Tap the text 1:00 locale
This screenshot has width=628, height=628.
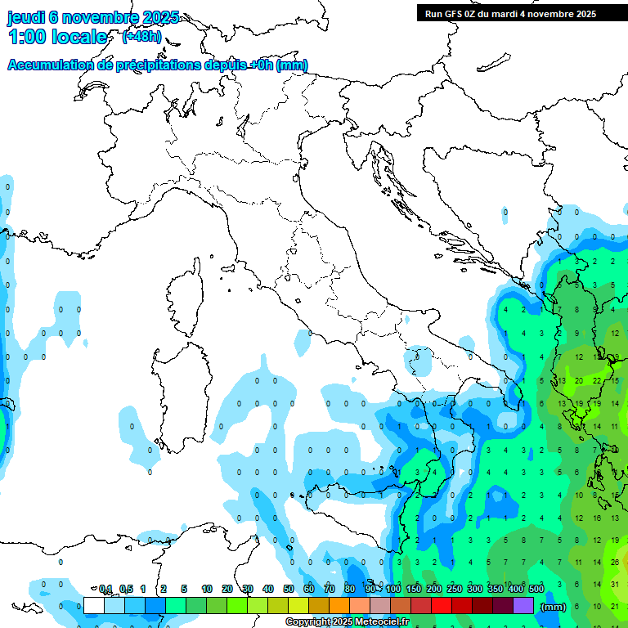click(x=58, y=37)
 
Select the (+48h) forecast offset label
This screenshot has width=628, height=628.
click(x=141, y=36)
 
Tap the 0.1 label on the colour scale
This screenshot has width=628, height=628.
click(x=105, y=589)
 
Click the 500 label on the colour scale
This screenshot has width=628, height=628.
click(x=536, y=589)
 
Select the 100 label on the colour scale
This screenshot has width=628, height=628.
click(x=392, y=589)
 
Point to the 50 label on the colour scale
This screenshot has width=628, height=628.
click(x=289, y=589)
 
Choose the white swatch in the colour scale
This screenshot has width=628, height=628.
click(x=93, y=605)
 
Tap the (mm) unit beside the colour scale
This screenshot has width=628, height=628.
click(x=554, y=607)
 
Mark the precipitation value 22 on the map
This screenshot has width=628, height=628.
click(x=596, y=381)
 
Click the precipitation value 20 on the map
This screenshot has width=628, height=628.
click(x=578, y=381)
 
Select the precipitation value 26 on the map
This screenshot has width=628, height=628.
click(x=614, y=563)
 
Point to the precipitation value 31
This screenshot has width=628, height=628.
click(x=614, y=584)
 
